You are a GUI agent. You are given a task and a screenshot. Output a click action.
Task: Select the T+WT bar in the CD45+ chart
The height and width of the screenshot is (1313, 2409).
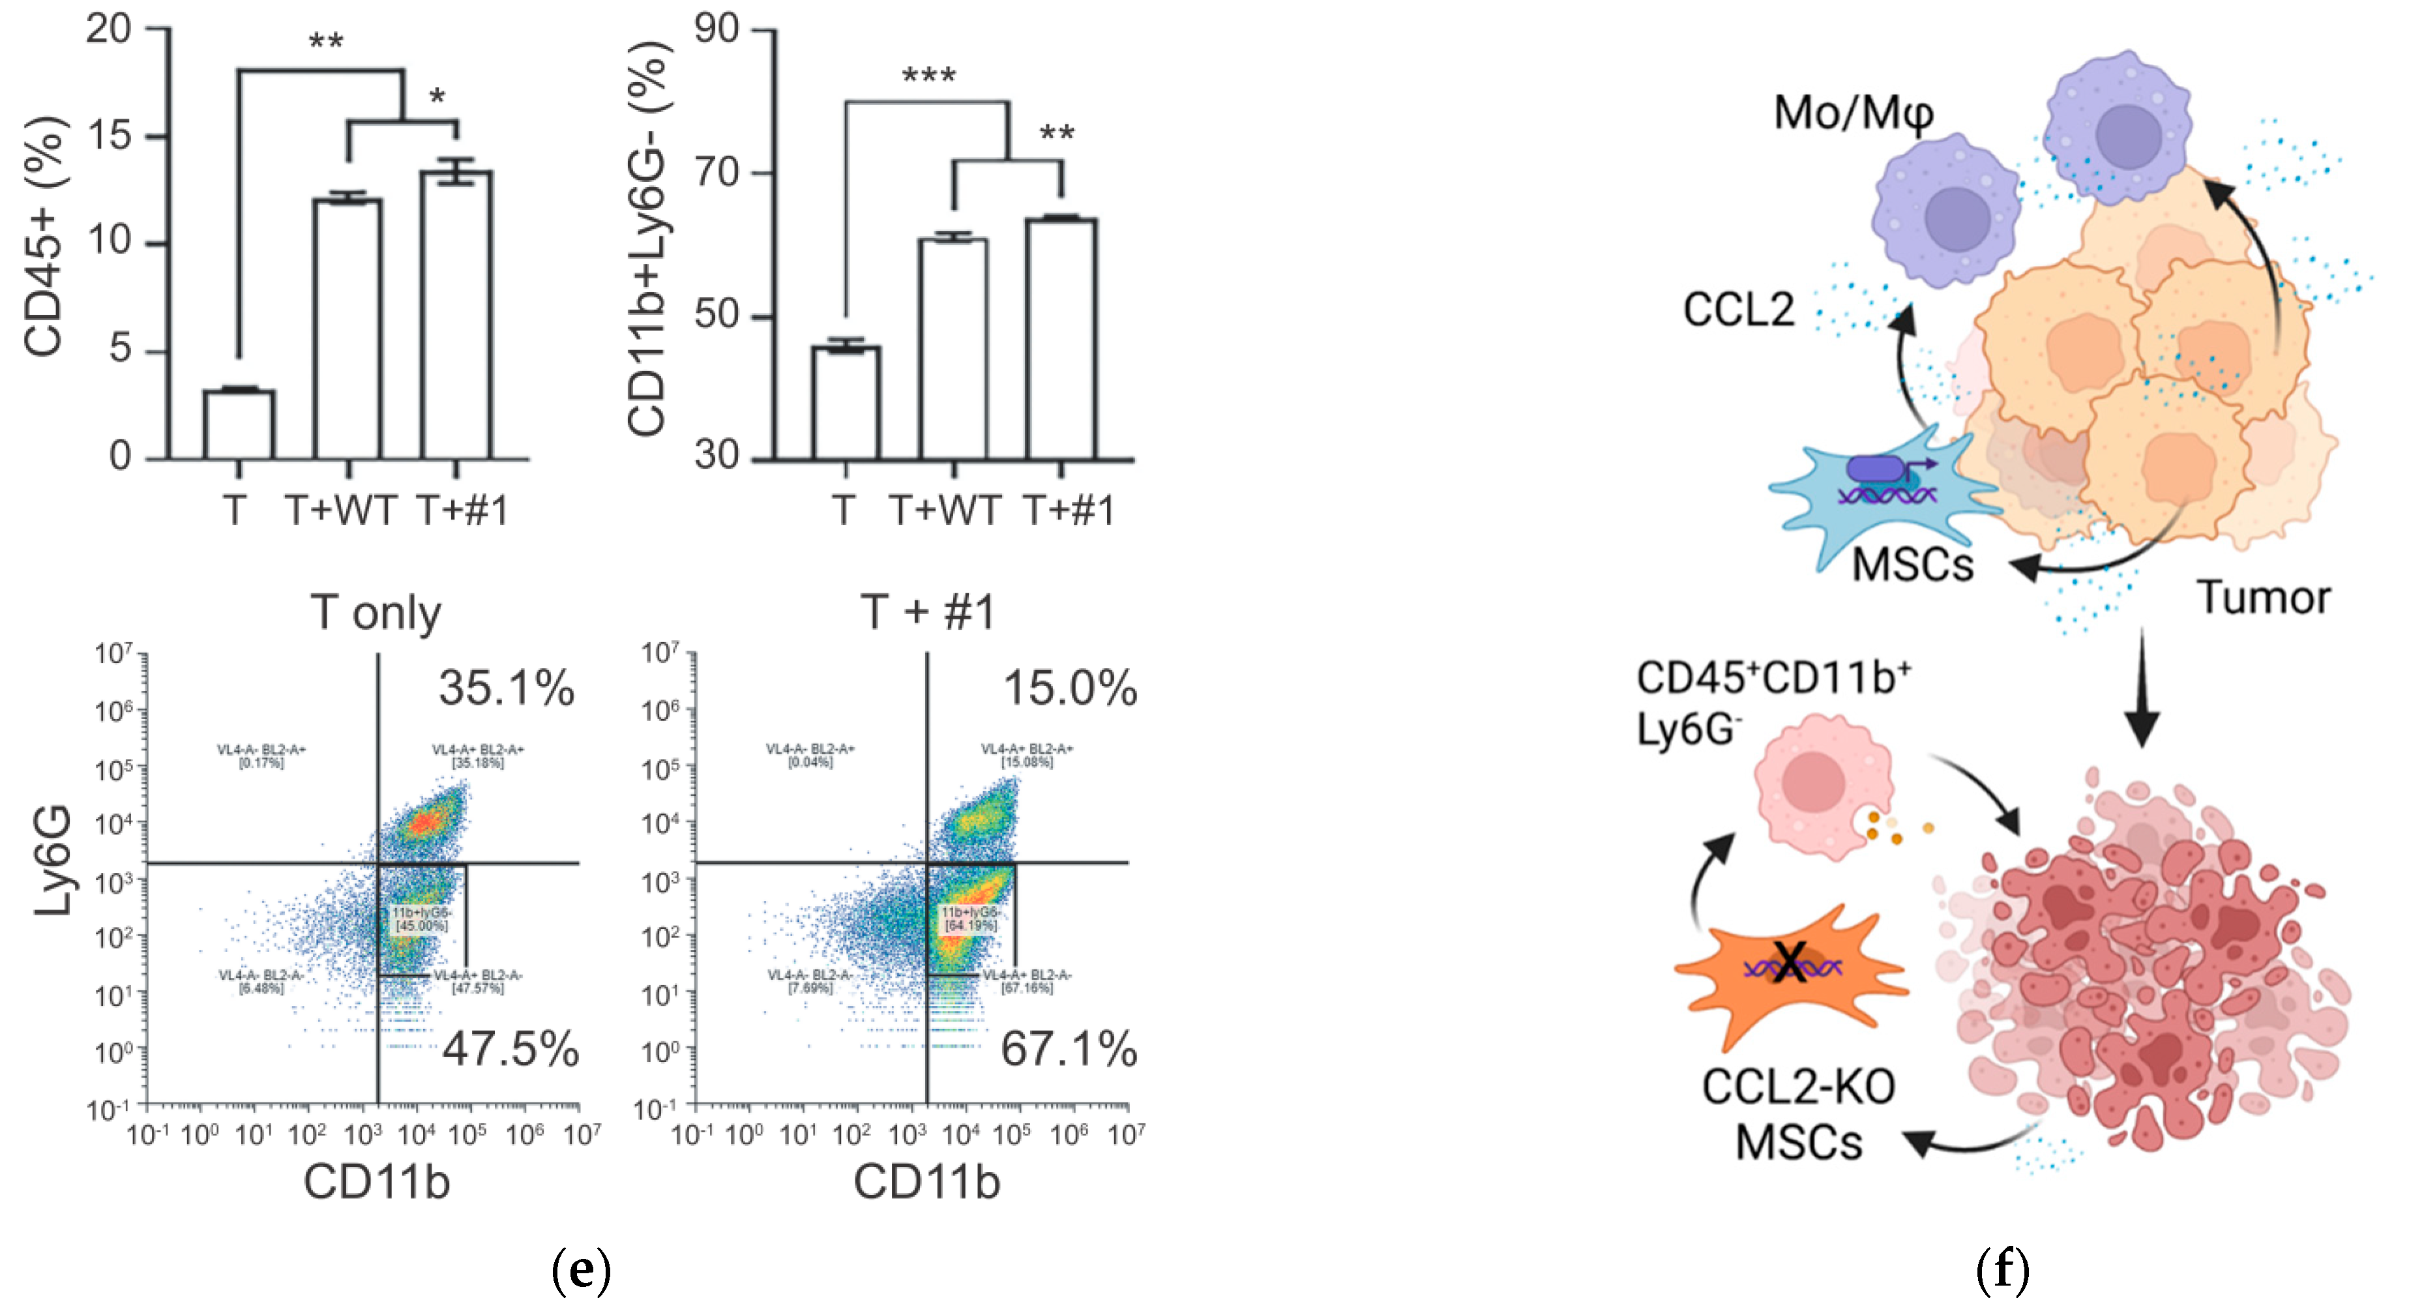pos(347,327)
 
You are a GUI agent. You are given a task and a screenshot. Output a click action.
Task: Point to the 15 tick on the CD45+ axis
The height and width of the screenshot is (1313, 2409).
pos(110,136)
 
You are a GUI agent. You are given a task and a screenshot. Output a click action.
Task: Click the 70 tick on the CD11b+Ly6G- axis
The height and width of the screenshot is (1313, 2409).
pos(717,173)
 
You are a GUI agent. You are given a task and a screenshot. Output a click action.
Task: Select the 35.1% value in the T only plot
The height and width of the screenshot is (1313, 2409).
pos(506,688)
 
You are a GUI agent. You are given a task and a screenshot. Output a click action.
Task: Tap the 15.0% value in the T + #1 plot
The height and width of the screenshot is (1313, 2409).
pos(1069,688)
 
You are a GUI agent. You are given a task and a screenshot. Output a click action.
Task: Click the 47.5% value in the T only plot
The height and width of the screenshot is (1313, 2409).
pos(510,1048)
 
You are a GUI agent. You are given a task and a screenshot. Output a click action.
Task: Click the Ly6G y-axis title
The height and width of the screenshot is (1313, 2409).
pos(53,861)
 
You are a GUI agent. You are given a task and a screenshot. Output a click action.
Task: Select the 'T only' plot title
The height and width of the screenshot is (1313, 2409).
pos(376,613)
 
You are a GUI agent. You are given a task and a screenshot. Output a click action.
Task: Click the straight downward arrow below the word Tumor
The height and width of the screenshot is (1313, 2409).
pos(2142,687)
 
